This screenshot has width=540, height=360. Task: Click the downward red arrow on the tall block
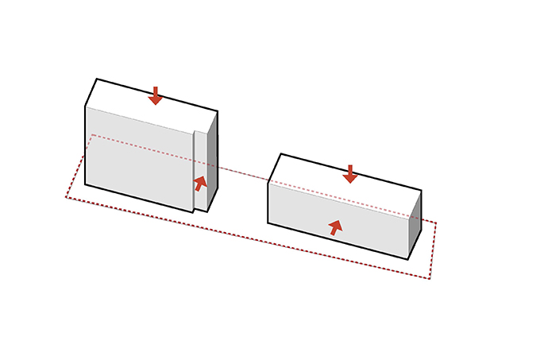(x=156, y=96)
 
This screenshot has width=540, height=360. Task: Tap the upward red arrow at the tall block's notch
(x=201, y=183)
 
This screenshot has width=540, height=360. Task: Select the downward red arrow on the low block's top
(x=350, y=174)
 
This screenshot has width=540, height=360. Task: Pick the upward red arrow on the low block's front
(x=336, y=227)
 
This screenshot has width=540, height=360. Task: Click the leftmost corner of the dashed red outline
(x=66, y=197)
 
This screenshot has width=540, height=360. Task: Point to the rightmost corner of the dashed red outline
(x=436, y=222)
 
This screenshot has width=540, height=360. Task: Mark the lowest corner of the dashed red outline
(x=429, y=279)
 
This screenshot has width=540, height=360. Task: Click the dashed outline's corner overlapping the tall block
(x=94, y=135)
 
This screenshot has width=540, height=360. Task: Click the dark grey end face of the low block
(x=414, y=226)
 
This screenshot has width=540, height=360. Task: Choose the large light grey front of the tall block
(x=139, y=159)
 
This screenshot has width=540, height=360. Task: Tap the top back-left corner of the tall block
(x=97, y=79)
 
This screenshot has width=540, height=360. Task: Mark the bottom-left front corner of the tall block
(x=86, y=184)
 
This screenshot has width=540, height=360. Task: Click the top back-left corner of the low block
(x=280, y=154)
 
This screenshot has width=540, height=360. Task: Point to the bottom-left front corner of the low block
(x=268, y=223)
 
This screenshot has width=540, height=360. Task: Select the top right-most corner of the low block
(x=421, y=191)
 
